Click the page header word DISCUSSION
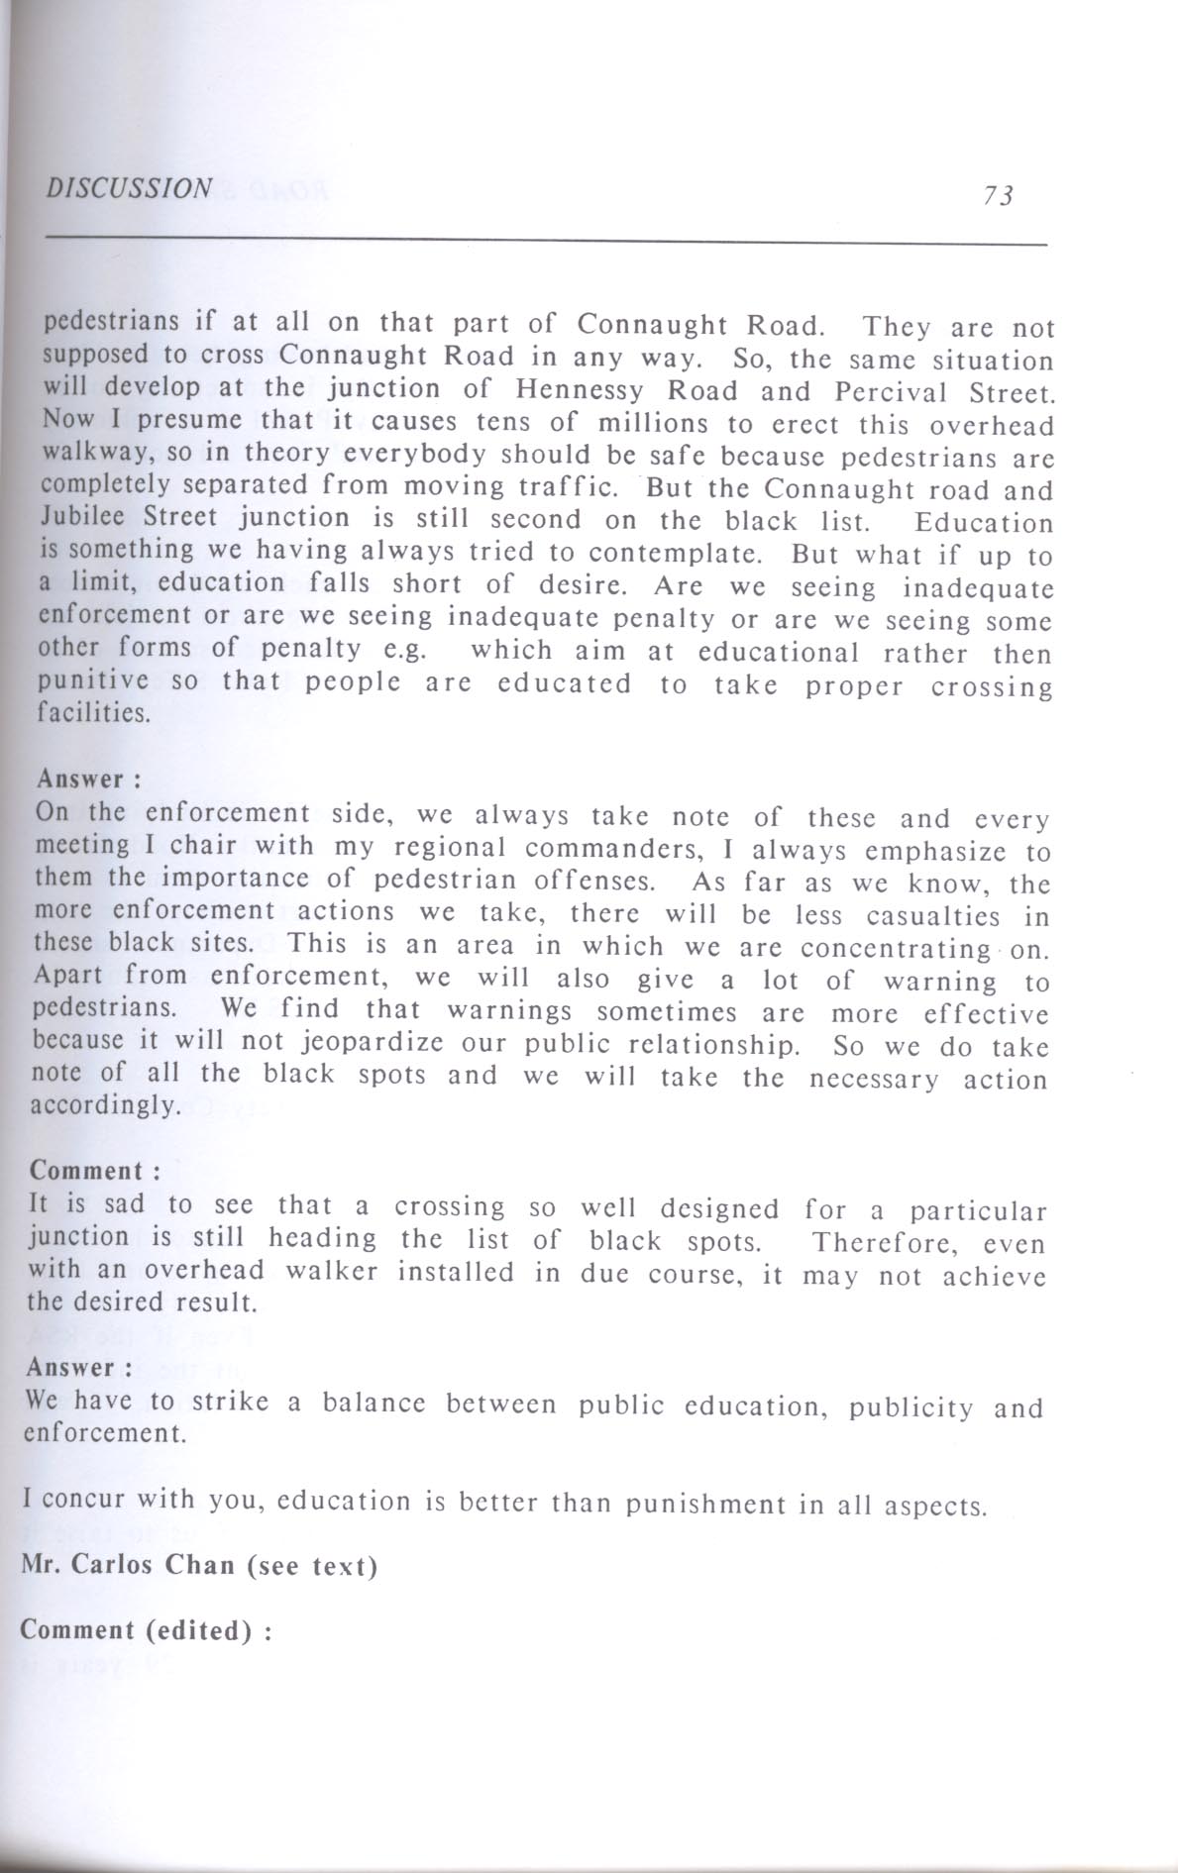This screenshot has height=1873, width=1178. pyautogui.click(x=129, y=188)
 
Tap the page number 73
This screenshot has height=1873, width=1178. pyautogui.click(x=999, y=196)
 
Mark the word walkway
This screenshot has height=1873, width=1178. pyautogui.click(x=87, y=452)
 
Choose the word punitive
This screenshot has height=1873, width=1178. pyautogui.click(x=93, y=681)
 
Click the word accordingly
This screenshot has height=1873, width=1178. pyautogui.click(x=105, y=1105)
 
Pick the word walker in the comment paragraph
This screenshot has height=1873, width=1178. pyautogui.click(x=332, y=1271)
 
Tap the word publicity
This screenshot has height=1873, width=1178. pyautogui.click(x=910, y=1407)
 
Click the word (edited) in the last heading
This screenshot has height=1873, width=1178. pyautogui.click(x=198, y=1630)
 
